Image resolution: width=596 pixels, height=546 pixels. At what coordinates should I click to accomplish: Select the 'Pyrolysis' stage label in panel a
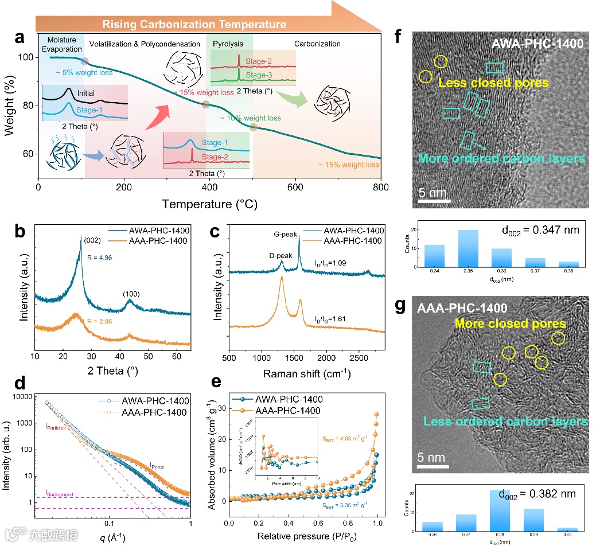228,44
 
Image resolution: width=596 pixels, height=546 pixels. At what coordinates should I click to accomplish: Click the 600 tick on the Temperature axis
295,187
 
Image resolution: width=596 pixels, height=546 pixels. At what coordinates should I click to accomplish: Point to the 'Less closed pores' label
494,83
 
